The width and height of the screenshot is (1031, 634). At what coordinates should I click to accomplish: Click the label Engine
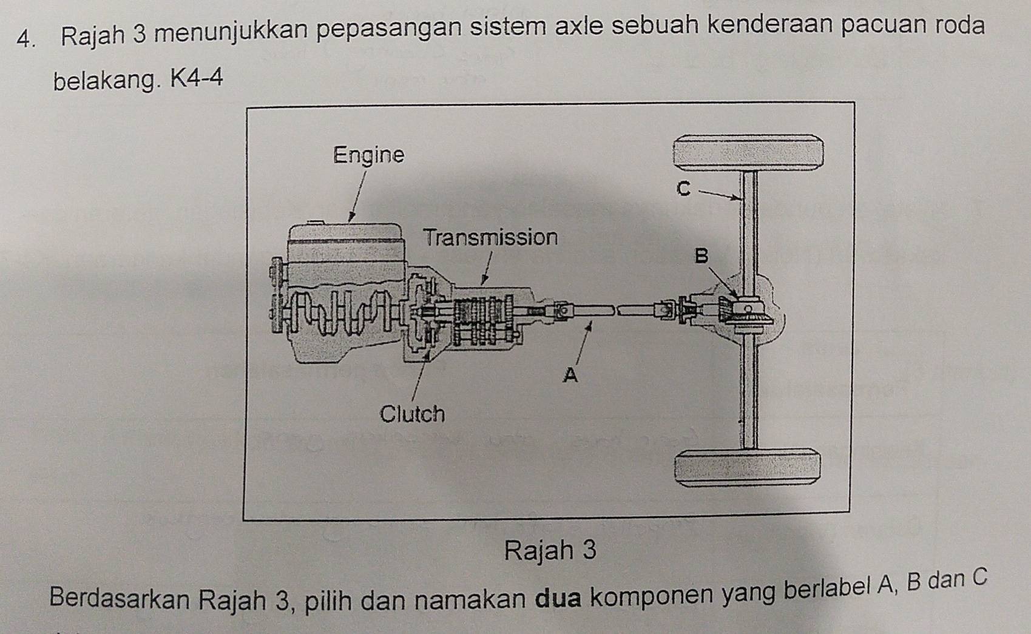click(369, 155)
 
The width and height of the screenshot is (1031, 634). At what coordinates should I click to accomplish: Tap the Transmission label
click(490, 237)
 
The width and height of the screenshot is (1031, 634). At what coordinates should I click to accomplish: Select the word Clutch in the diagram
click(412, 414)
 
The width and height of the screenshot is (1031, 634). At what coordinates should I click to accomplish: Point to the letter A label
click(570, 376)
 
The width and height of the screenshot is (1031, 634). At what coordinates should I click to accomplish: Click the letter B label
click(701, 256)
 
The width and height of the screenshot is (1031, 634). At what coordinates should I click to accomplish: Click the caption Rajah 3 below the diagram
click(550, 550)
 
